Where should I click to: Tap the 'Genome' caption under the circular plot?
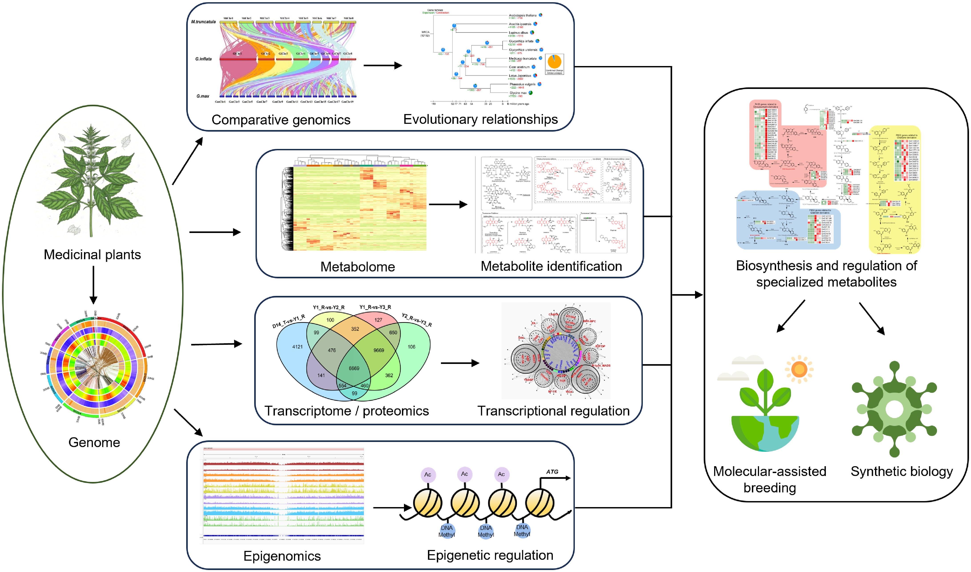click(94, 442)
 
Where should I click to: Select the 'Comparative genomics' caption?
click(281, 120)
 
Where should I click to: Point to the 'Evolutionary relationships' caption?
click(480, 119)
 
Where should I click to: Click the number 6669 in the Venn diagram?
click(354, 369)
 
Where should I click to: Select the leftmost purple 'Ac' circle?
click(428, 474)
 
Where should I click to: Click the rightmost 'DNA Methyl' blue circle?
click(522, 530)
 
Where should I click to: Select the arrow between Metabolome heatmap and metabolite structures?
click(448, 205)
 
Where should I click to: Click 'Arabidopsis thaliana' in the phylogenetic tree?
click(522, 15)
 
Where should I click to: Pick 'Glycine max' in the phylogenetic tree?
click(518, 93)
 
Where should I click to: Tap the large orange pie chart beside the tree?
click(554, 62)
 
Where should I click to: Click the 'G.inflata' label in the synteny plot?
click(204, 59)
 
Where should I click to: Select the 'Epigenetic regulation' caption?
click(490, 555)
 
